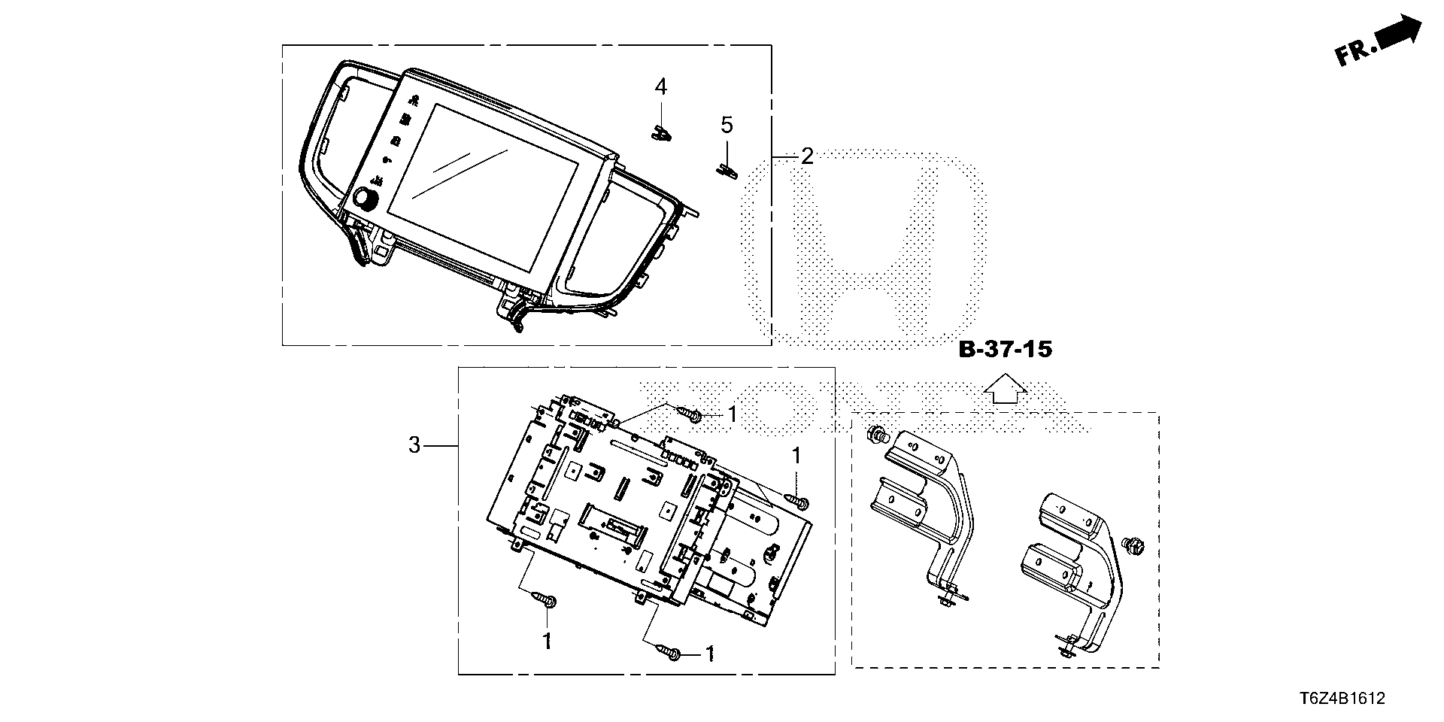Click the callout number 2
807,156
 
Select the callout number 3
414,445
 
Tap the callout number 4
660,86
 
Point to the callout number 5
727,125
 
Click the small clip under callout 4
661,133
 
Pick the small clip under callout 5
726,169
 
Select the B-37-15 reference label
1006,350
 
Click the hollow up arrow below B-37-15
1006,389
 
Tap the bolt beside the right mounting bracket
1129,543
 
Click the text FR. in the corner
1357,53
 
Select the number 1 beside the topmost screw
732,414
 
